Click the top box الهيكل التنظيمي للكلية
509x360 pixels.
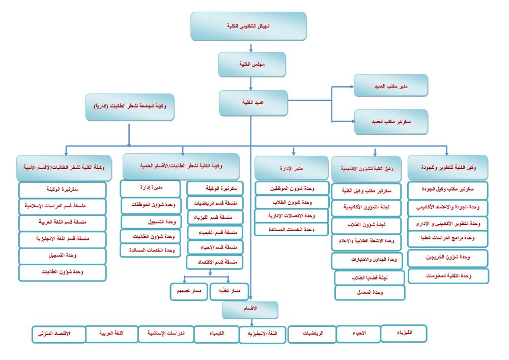pyautogui.click(x=248, y=26)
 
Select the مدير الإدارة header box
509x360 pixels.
pyautogui.click(x=290, y=168)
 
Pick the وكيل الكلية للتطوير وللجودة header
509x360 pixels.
pyautogui.click(x=448, y=168)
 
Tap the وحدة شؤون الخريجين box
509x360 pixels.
pyautogui.click(x=448, y=258)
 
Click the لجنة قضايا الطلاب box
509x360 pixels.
pyautogui.click(x=370, y=278)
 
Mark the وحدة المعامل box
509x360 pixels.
pyautogui.click(x=370, y=292)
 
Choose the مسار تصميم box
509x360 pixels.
pyautogui.click(x=188, y=291)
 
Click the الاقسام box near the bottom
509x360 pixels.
pyautogui.click(x=250, y=309)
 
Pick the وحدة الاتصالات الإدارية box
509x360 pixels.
pyautogui.click(x=291, y=216)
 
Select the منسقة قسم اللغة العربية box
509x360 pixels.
pyautogui.click(x=63, y=223)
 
